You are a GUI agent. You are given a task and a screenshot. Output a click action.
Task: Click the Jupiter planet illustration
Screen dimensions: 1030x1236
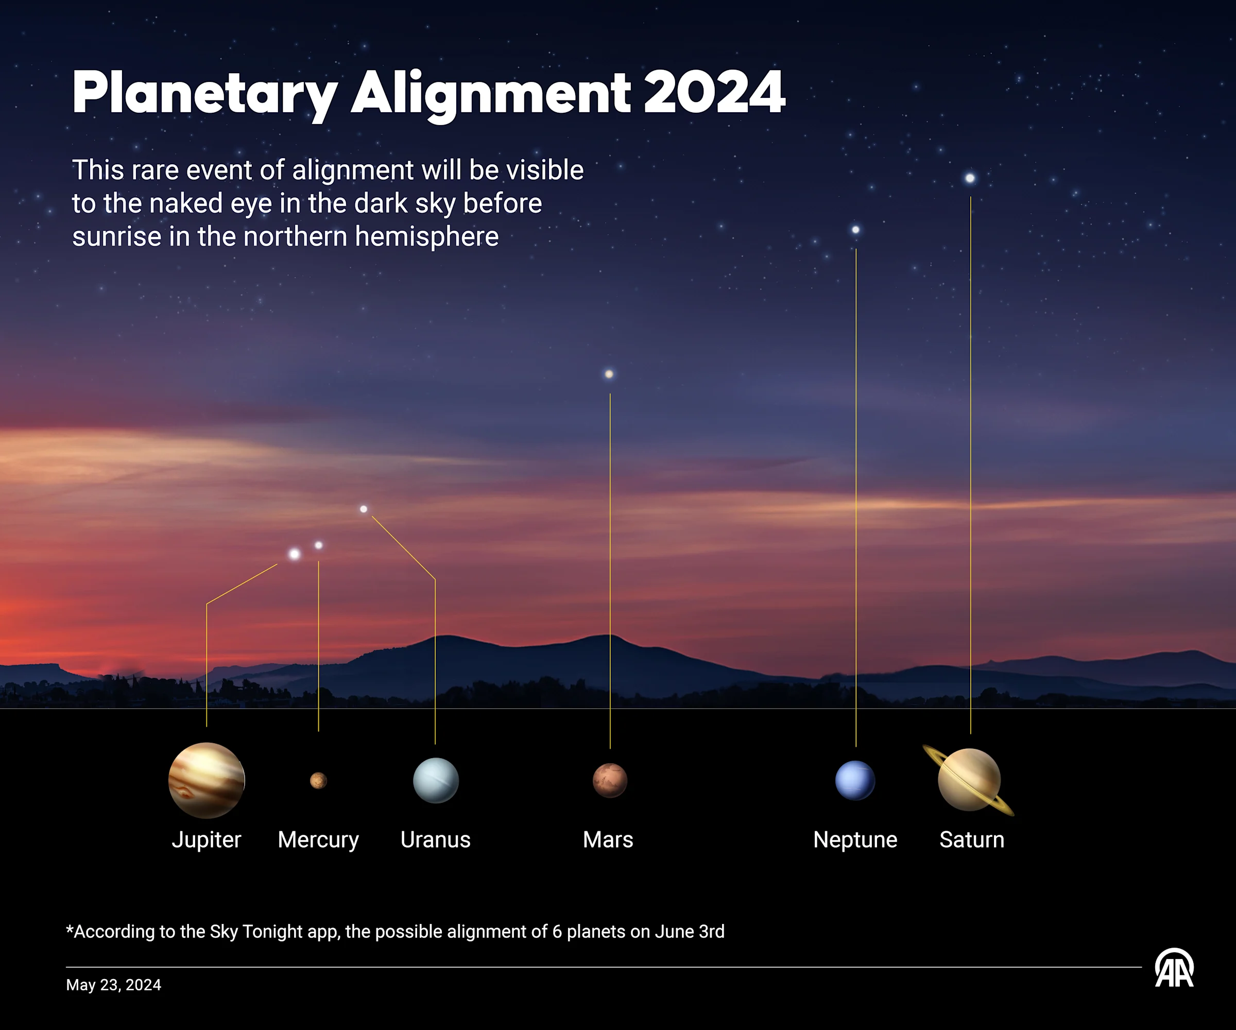tap(207, 780)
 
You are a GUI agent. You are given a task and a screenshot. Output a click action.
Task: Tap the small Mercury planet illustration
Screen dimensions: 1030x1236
tap(318, 780)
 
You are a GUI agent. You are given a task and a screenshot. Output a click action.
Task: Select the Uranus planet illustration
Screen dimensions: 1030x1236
tap(436, 780)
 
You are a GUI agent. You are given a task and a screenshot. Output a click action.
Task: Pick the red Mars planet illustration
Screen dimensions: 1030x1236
tap(610, 780)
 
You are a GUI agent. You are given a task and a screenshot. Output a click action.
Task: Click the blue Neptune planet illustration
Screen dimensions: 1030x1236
tap(855, 780)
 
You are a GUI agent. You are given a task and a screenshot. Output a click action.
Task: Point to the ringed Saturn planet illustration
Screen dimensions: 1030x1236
tap(969, 780)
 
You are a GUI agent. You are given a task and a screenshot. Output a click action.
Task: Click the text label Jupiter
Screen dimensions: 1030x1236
tap(207, 840)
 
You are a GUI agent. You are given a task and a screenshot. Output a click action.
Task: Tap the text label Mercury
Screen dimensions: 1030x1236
tap(318, 840)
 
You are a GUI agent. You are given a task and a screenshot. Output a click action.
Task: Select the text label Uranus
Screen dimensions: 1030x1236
tap(436, 840)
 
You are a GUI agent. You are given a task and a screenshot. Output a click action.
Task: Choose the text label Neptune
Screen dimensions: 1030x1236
tap(855, 840)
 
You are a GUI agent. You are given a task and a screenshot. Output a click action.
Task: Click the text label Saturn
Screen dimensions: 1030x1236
tap(972, 840)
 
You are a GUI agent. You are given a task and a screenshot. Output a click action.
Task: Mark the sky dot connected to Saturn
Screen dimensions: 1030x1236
tap(970, 178)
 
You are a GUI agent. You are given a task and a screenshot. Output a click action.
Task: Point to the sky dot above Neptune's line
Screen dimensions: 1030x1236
tap(856, 230)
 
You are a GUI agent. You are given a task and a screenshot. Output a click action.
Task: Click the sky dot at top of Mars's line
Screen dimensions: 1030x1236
tap(609, 374)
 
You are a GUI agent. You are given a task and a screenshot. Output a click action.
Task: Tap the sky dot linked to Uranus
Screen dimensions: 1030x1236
tap(364, 509)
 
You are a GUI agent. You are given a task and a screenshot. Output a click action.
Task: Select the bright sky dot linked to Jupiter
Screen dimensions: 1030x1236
tap(294, 554)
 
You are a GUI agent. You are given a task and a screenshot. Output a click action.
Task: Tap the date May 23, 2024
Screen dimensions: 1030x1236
tap(114, 985)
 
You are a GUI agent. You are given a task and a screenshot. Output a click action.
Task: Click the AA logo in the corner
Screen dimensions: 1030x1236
tap(1174, 968)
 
